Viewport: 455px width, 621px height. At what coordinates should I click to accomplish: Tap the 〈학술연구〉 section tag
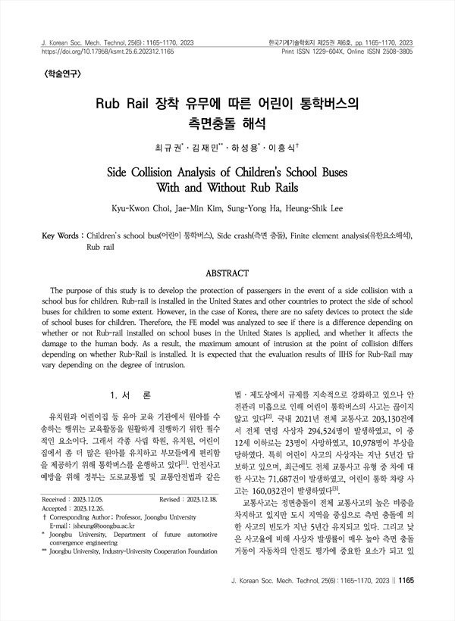(x=54, y=75)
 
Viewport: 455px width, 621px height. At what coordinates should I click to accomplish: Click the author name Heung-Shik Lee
(x=312, y=207)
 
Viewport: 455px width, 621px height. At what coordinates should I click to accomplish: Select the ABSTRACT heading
(x=227, y=272)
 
